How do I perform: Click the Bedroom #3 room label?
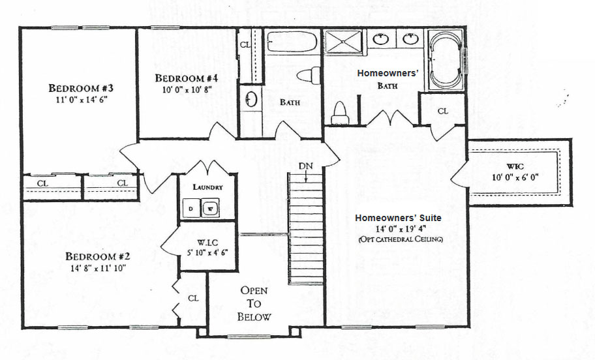coord(81,88)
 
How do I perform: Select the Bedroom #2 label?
coord(98,256)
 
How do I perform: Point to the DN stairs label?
coord(305,166)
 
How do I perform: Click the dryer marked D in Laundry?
coord(191,208)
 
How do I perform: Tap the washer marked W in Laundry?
coord(210,208)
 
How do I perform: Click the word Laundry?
coord(207,187)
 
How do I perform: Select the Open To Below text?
coord(254,303)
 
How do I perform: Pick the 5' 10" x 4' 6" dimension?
coord(207,252)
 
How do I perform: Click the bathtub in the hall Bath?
coord(292,42)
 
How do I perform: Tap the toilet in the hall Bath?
coord(309,74)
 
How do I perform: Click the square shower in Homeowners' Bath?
coord(343,41)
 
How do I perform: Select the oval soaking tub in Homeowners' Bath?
coord(446,61)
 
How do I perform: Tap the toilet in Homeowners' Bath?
coord(340,113)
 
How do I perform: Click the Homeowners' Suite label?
coord(398,218)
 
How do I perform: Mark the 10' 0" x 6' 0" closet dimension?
coord(515,177)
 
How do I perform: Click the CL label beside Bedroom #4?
coord(245,45)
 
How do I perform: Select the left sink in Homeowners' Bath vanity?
coord(380,38)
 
